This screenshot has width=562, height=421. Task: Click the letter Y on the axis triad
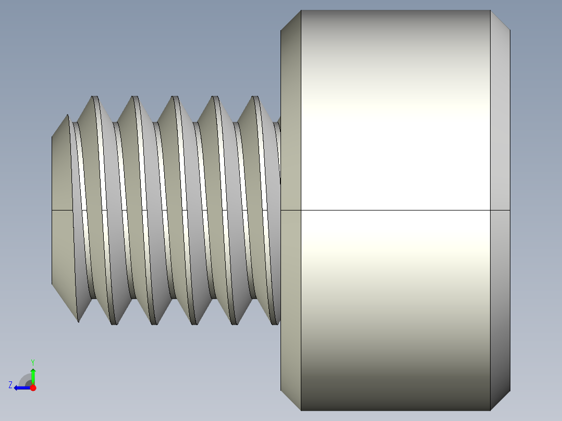pos(32,362)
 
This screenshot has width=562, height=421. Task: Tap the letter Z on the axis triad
pos(10,385)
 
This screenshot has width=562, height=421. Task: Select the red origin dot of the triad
pos(33,388)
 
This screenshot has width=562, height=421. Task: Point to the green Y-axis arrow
pos(33,375)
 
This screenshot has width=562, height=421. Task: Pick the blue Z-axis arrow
pos(21,388)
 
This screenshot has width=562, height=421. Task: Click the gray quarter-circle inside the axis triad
pos(25,380)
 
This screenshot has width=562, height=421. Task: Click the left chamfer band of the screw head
pos(291,208)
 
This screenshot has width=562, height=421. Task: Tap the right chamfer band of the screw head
pos(500,208)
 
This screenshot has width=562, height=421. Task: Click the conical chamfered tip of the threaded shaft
pos(62,208)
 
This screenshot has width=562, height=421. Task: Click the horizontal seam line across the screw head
pos(395,210)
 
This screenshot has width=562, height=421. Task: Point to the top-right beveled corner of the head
pos(500,20)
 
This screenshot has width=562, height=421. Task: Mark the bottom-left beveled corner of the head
pos(291,400)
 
